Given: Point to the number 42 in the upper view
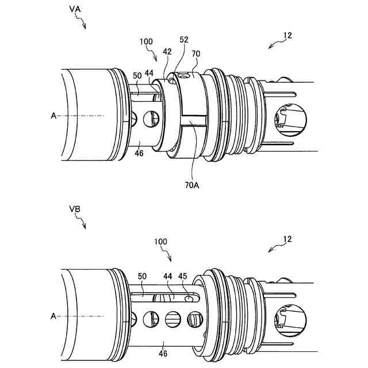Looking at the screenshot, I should (x=167, y=52).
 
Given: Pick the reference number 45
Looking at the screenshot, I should (x=182, y=277).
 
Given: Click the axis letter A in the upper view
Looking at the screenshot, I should (x=53, y=116).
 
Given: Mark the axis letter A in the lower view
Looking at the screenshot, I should (x=53, y=316).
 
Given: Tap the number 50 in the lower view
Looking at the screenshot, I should (x=143, y=277).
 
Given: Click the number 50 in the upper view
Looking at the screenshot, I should (x=137, y=75).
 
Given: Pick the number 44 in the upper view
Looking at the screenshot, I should (x=149, y=73).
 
